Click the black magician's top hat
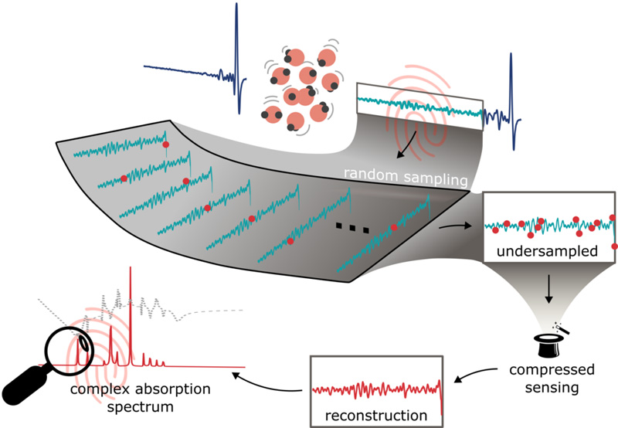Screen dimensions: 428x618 [x=547, y=341]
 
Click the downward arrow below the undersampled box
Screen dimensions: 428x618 [x=549, y=294]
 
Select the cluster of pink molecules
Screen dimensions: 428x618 [x=298, y=87]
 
